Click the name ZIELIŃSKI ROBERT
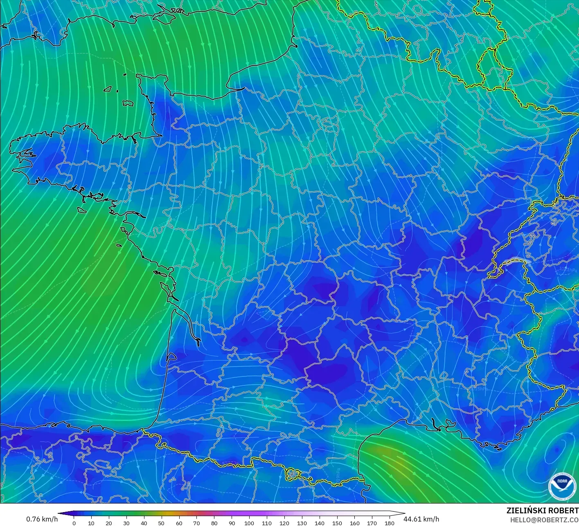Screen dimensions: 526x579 (542, 510)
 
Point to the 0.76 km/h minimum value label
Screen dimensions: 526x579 (42, 519)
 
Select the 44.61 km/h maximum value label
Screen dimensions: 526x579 (421, 519)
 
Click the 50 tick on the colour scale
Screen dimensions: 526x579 (161, 523)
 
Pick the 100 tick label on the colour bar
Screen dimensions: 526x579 (249, 523)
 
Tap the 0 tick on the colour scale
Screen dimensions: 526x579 (74, 523)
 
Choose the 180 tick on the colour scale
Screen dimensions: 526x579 (390, 523)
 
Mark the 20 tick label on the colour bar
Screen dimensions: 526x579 (108, 523)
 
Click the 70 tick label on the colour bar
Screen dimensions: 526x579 (196, 523)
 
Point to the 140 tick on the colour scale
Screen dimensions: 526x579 (320, 523)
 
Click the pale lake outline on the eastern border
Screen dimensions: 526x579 (516, 260)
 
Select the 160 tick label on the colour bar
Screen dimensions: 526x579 (355, 523)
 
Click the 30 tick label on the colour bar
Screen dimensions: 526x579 (126, 523)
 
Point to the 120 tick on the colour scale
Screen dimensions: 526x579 (284, 523)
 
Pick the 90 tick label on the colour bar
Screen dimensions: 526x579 (232, 523)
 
